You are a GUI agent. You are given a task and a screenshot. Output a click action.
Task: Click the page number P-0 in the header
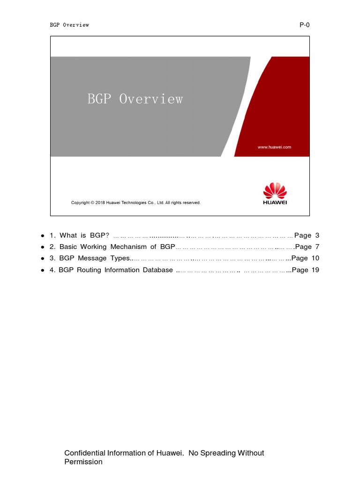coord(305,25)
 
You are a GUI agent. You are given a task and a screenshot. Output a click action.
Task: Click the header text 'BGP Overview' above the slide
coord(69,25)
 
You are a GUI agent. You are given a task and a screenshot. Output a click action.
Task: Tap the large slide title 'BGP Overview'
coord(135,99)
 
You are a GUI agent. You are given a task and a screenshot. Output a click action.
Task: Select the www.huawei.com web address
coord(274,147)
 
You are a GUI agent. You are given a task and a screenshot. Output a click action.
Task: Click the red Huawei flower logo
coord(275,190)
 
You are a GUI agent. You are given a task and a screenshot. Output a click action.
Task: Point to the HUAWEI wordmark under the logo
coord(275,202)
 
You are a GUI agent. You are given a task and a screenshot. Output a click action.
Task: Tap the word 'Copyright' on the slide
coord(81,202)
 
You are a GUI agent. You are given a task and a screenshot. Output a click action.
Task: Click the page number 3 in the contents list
coord(317,235)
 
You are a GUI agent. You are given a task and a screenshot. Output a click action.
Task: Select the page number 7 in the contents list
coord(317,247)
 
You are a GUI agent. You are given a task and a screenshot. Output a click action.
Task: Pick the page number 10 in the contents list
coord(315,258)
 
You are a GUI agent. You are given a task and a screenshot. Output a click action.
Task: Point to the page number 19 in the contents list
coord(315,270)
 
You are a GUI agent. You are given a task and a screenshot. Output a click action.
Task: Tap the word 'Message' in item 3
coord(92,258)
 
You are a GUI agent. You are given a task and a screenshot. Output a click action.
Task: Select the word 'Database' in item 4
coord(158,270)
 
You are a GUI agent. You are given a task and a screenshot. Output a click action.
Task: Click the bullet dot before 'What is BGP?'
coord(42,236)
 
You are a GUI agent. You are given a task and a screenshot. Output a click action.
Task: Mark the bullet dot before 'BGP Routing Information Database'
coord(42,270)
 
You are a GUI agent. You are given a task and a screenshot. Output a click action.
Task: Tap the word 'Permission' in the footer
coord(83,462)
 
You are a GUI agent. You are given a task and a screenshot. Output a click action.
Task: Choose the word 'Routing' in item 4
coord(89,270)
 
